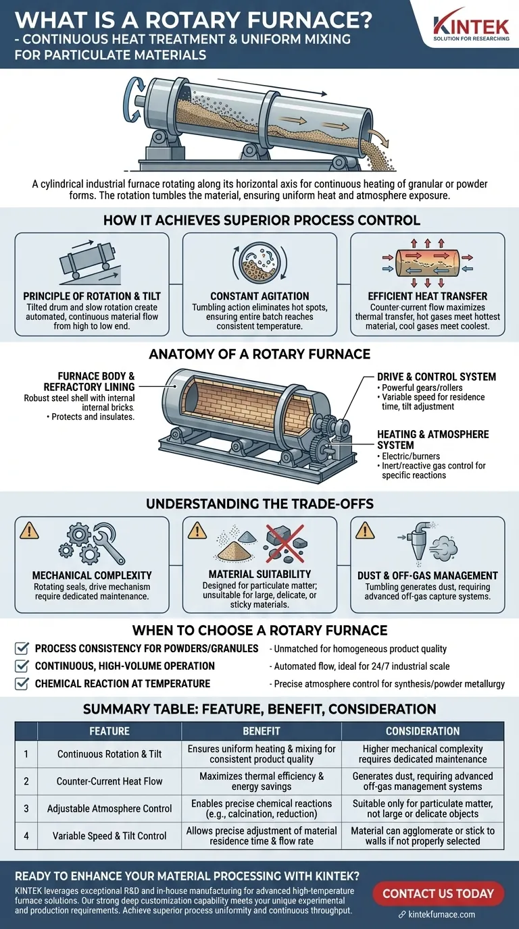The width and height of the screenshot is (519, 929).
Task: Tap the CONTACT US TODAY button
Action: [439, 894]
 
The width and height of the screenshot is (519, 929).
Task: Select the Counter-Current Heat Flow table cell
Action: [109, 781]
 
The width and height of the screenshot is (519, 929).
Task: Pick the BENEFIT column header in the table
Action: [261, 731]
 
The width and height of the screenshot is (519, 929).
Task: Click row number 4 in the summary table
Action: [26, 835]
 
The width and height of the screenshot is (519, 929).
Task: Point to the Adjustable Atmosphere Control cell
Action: [109, 808]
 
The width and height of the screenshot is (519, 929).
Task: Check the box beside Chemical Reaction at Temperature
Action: [22, 683]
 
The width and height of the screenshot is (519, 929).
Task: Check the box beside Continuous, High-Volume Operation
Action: [22, 666]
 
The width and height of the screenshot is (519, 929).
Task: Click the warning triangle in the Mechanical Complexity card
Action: [29, 531]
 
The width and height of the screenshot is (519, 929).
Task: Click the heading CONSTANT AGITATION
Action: [259, 296]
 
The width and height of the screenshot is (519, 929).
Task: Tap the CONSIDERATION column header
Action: [422, 731]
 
